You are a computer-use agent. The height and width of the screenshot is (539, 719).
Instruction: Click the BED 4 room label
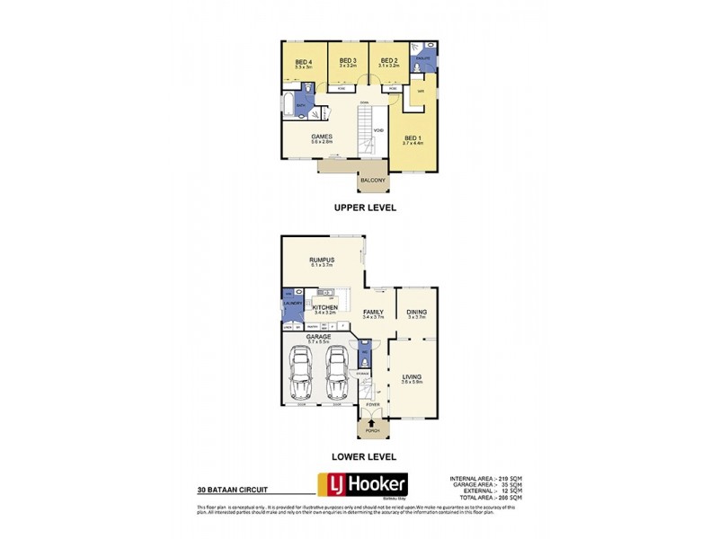coord(302,61)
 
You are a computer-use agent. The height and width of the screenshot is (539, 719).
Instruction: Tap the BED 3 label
coord(349,60)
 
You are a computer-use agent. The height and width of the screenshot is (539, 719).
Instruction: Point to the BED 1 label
coord(413,137)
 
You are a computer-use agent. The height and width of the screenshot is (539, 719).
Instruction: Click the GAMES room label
coord(322,137)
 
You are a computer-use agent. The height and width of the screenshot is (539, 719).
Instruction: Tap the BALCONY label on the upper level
coord(373,181)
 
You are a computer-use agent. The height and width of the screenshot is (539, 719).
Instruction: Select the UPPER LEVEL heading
coord(365,208)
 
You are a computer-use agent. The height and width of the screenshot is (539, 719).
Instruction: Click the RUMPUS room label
coord(322,260)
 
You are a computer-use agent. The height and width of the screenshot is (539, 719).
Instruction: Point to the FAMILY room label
coord(373,313)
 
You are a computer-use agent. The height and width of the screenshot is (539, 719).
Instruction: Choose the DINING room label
coord(417,312)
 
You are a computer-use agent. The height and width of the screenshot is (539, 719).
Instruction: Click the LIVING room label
coord(413,377)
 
